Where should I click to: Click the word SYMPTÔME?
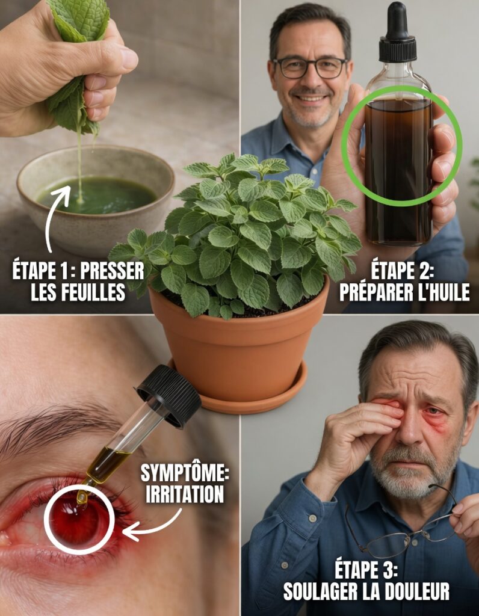click(x=185, y=473)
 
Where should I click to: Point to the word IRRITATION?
click(x=185, y=494)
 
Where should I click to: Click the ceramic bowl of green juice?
click(x=96, y=199)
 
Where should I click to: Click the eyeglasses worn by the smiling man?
click(x=311, y=67)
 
